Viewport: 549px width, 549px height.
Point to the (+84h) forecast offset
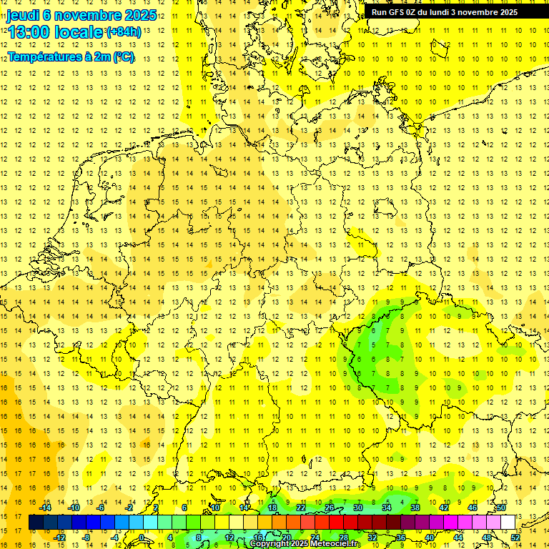click(x=124, y=32)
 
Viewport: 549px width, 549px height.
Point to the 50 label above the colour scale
click(x=501, y=508)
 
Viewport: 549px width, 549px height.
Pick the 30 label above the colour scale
click(x=358, y=508)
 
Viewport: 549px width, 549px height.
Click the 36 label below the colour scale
click(x=401, y=538)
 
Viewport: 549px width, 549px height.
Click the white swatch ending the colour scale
click(x=508, y=522)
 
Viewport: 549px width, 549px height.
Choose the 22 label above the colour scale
click(x=301, y=508)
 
